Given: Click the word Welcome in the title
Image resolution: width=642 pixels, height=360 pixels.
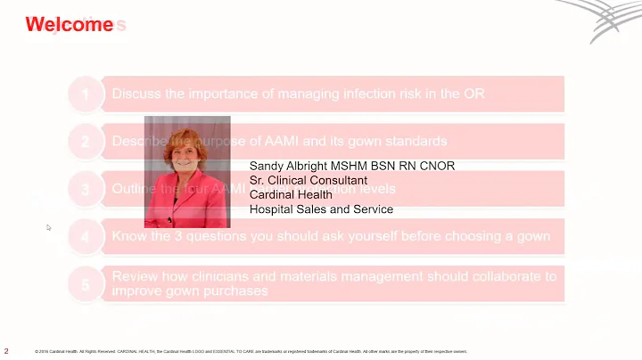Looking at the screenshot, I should [69, 25].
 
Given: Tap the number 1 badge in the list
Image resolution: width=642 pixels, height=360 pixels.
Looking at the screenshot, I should [86, 94].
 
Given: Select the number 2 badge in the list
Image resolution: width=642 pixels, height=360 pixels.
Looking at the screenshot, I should [86, 141].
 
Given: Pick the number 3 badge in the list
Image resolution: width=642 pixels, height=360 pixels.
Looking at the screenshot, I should [86, 189].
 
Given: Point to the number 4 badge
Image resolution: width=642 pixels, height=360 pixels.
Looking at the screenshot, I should [86, 237].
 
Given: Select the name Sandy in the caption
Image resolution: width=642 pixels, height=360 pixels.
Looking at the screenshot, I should [266, 166].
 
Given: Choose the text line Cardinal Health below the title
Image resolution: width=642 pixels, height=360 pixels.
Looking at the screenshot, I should [291, 194].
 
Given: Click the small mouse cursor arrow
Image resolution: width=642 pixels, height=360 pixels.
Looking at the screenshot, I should [49, 228].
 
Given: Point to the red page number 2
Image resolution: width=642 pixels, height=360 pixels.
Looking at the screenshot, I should [7, 350].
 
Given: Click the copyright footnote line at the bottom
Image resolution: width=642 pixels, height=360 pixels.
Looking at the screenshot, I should [250, 351].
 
